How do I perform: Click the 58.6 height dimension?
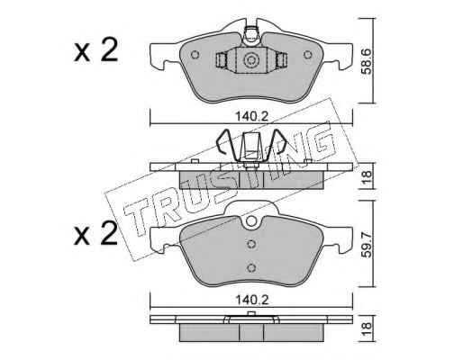tap(367, 60)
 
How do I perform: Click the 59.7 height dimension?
tap(367, 244)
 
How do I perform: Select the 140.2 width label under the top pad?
tap(251, 116)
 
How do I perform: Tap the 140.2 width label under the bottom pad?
tap(251, 300)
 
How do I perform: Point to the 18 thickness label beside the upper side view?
tap(367, 176)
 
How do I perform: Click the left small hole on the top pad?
tap(195, 55)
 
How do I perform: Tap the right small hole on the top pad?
tap(308, 55)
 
